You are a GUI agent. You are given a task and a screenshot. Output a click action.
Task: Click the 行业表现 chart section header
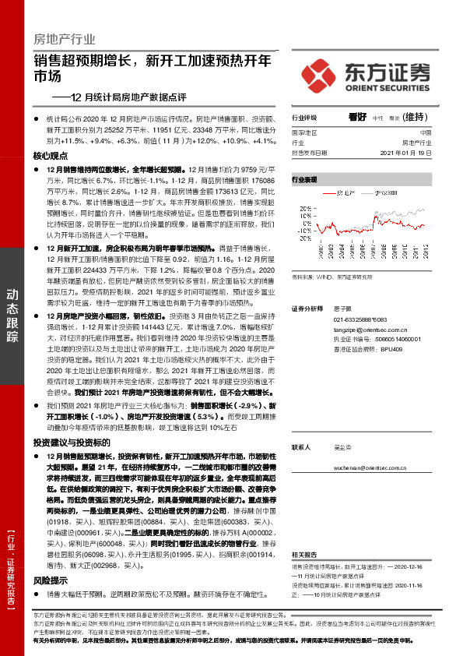(304, 179)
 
